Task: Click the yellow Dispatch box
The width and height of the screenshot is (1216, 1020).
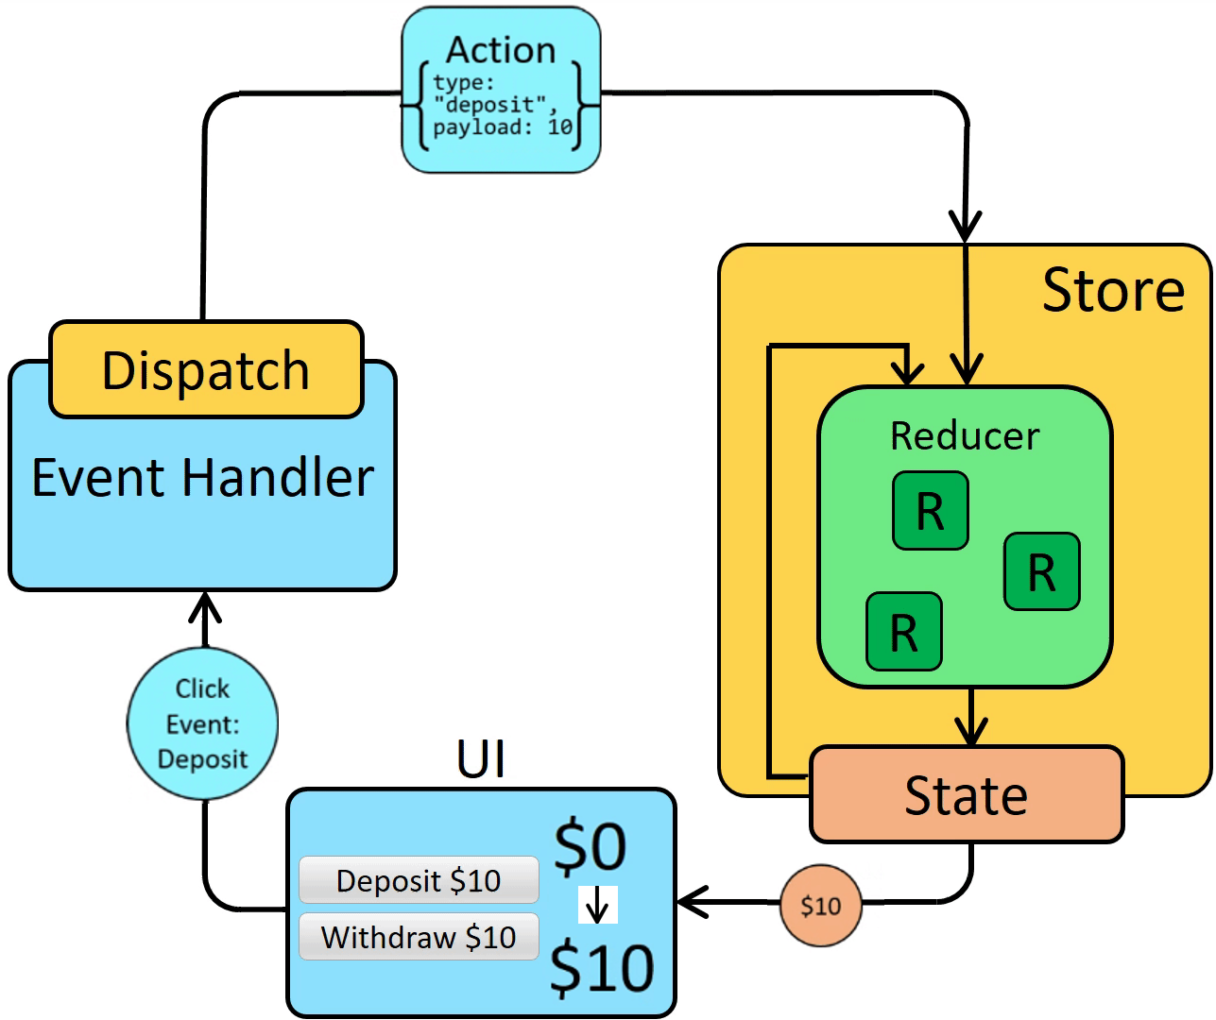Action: coord(206,370)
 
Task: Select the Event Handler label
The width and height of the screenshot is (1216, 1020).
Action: coord(203,477)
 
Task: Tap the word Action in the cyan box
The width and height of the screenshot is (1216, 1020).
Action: coord(501,50)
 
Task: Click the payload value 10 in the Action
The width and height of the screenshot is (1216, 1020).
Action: coord(560,127)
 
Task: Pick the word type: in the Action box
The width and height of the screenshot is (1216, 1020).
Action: coord(463,83)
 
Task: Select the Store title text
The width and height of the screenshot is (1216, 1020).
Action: coord(1113,290)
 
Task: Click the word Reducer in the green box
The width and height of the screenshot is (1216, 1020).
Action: coord(965,436)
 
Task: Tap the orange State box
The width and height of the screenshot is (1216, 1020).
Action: coord(967,795)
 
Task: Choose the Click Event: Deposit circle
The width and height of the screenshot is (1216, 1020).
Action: coord(203,723)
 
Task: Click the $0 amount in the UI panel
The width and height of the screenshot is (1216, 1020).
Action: coord(590,846)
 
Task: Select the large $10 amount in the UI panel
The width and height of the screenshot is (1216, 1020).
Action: coord(602,968)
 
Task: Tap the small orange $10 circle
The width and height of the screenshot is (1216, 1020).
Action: coord(821,907)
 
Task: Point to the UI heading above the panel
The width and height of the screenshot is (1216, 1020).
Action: coord(481,758)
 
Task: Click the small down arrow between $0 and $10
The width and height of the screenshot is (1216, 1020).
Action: coord(597,906)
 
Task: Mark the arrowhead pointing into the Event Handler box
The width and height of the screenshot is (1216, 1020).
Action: coord(205,604)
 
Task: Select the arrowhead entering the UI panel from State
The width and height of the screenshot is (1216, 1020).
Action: coord(692,903)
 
